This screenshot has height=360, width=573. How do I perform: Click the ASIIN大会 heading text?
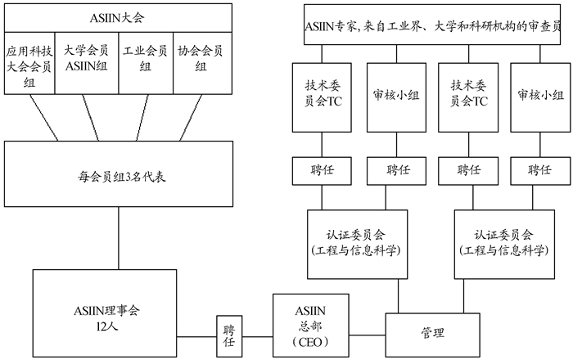point(115,16)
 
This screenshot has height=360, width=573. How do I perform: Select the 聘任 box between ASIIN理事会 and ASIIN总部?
point(230,335)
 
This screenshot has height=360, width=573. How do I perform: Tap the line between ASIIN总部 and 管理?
point(365,335)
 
